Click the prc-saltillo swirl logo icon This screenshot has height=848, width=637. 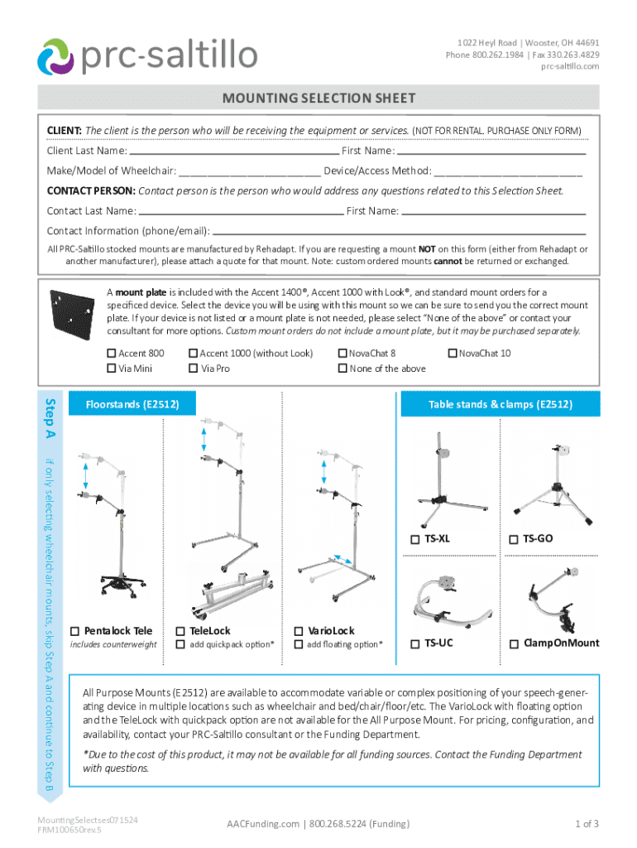click(x=56, y=56)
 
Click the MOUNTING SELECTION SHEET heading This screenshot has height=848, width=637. click(x=318, y=99)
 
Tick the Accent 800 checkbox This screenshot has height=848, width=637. click(x=111, y=354)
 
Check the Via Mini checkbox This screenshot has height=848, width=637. click(x=111, y=369)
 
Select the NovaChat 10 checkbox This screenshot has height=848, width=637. click(x=452, y=354)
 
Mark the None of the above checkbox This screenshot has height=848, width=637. click(x=342, y=369)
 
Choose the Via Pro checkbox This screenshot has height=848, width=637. click(x=194, y=369)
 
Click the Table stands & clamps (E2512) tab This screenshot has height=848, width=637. click(x=499, y=405)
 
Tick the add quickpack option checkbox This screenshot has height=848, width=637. click(x=181, y=645)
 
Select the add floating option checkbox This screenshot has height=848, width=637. click(x=299, y=645)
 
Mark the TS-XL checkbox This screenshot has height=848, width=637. click(x=415, y=539)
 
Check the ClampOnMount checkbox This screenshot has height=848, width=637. click(x=514, y=643)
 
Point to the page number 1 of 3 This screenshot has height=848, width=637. click(x=587, y=823)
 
